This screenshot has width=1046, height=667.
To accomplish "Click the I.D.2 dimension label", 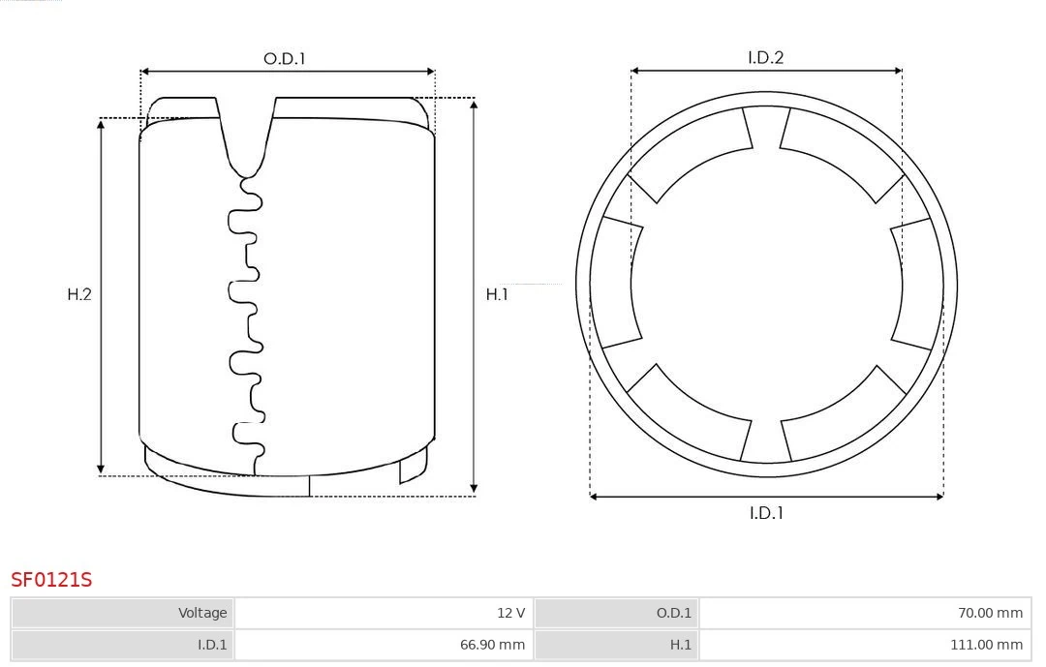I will pyautogui.click(x=765, y=58).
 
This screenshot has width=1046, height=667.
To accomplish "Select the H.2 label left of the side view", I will pyautogui.click(x=79, y=294).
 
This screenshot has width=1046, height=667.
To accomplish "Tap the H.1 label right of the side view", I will pyautogui.click(x=497, y=294).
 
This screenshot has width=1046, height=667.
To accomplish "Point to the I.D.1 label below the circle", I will pyautogui.click(x=766, y=513).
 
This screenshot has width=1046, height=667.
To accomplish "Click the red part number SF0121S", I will pyautogui.click(x=51, y=580).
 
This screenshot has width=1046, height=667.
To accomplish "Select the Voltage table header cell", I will pyautogui.click(x=123, y=613).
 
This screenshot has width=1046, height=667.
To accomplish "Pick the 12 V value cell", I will pyautogui.click(x=383, y=613).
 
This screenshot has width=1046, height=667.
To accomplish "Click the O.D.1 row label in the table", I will pyautogui.click(x=616, y=613).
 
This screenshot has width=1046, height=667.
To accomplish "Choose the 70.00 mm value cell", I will pyautogui.click(x=864, y=613).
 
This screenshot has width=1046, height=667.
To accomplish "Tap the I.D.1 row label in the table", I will pyautogui.click(x=123, y=645).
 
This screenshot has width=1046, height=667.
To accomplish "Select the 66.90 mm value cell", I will pyautogui.click(x=383, y=645).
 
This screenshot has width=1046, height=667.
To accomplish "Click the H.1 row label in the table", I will pyautogui.click(x=616, y=645).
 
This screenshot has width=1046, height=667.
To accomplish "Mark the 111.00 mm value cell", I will pyautogui.click(x=864, y=645).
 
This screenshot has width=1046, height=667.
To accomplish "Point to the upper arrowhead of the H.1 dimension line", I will pyautogui.click(x=474, y=103).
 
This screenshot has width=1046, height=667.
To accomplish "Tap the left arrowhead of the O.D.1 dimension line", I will pyautogui.click(x=145, y=71).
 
